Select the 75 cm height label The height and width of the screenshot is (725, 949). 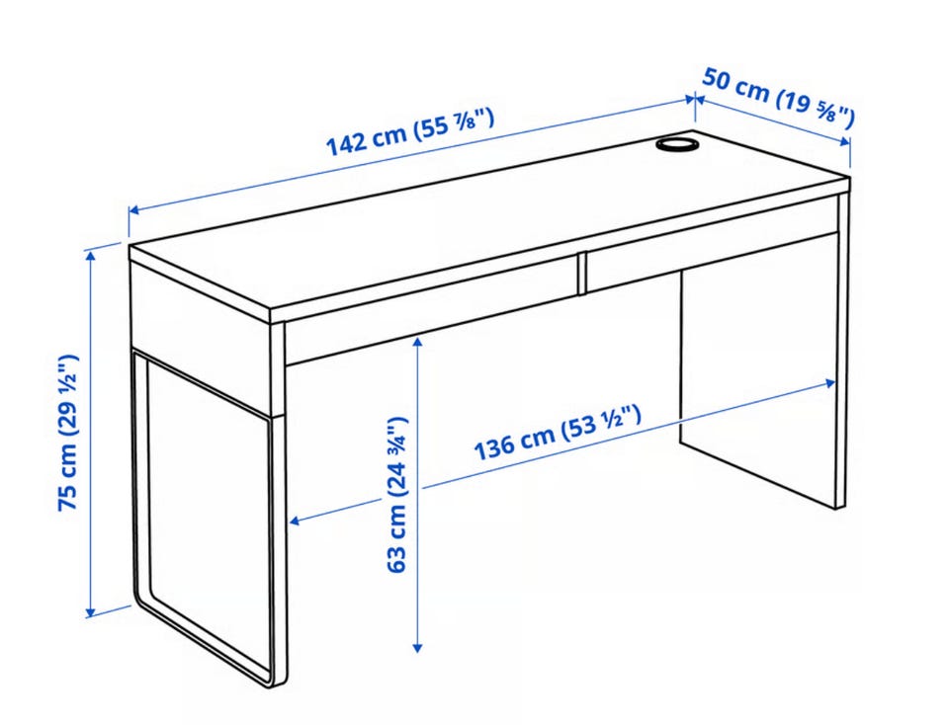68,433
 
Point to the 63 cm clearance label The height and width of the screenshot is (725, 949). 396,494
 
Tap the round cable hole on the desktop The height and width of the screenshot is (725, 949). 676,144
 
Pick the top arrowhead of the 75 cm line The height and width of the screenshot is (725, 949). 91,256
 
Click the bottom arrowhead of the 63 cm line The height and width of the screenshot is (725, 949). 417,647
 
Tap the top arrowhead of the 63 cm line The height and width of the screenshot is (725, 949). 417,344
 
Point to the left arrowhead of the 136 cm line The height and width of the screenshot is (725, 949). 297,520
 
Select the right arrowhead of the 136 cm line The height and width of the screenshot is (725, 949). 829,383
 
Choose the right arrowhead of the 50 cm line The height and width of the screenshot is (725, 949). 844,141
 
